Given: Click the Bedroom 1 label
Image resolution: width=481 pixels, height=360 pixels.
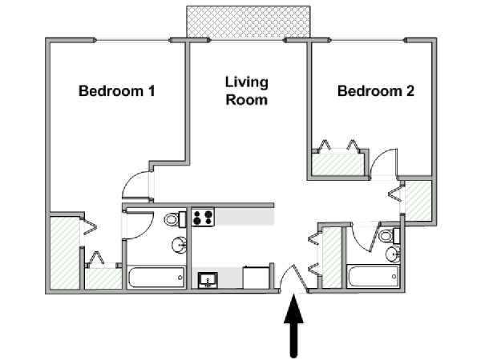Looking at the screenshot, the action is tap(117, 91).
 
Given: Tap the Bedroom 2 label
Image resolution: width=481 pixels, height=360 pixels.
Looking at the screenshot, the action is tap(376, 91).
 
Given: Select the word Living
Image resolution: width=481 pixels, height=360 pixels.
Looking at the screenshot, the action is tap(247, 82).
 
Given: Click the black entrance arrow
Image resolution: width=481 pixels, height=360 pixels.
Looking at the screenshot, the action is tap(294, 326).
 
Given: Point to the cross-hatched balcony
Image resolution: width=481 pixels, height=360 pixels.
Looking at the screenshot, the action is tap(249, 22).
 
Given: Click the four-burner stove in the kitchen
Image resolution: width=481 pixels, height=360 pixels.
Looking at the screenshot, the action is tap(203, 217).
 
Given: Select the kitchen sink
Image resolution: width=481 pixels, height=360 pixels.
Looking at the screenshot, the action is tap(208, 280).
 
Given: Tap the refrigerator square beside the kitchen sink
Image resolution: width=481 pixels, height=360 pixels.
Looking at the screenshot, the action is tap(257, 278).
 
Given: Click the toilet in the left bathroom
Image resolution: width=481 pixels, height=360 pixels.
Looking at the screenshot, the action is tap(175, 219).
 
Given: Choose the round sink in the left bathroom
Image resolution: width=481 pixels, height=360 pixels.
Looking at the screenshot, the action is tap(179, 245).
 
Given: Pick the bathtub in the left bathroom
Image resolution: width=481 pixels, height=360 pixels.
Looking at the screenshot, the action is tap(156, 278).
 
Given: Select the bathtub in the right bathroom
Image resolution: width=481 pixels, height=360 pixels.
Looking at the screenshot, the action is tap(373, 277).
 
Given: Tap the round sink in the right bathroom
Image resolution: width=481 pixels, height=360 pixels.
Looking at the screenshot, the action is tap(393, 254).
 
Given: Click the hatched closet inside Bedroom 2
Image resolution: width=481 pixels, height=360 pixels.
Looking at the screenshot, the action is tap(338, 165).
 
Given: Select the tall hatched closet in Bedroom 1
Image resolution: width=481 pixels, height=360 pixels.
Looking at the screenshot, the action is tap(64, 253).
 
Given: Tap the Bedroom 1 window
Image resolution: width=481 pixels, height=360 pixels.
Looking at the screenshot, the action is tap(132, 40).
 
